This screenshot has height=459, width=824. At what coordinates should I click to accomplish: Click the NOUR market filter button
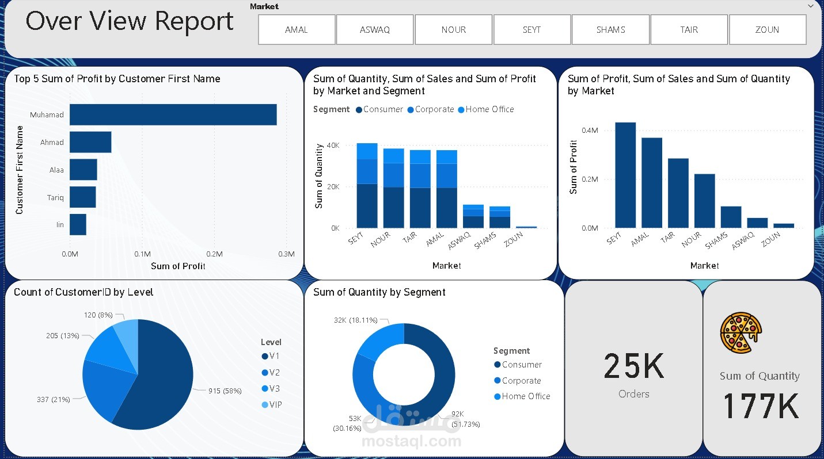pyautogui.click(x=453, y=29)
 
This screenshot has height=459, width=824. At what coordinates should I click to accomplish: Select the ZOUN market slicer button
pyautogui.click(x=767, y=29)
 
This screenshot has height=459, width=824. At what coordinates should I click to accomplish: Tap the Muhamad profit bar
pyautogui.click(x=173, y=114)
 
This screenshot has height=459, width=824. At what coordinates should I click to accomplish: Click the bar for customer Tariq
pyautogui.click(x=82, y=197)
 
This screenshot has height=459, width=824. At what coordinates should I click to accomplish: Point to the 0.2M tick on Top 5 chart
pyautogui.click(x=214, y=254)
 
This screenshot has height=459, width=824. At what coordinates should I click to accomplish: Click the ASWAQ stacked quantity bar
pyautogui.click(x=473, y=216)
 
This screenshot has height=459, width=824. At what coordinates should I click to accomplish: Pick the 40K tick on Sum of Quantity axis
pyautogui.click(x=332, y=146)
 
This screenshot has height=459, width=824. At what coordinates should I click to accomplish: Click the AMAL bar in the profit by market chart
pyautogui.click(x=652, y=182)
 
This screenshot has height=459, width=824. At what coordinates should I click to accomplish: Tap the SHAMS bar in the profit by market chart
pyautogui.click(x=731, y=217)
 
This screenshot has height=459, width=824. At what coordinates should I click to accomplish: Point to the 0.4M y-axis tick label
pyautogui.click(x=590, y=131)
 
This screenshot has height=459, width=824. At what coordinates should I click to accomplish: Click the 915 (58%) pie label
pyautogui.click(x=225, y=391)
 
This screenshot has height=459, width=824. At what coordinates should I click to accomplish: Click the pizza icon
pyautogui.click(x=741, y=332)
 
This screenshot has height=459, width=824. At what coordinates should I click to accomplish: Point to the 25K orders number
pyautogui.click(x=633, y=366)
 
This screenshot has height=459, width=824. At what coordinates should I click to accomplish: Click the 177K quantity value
pyautogui.click(x=760, y=406)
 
